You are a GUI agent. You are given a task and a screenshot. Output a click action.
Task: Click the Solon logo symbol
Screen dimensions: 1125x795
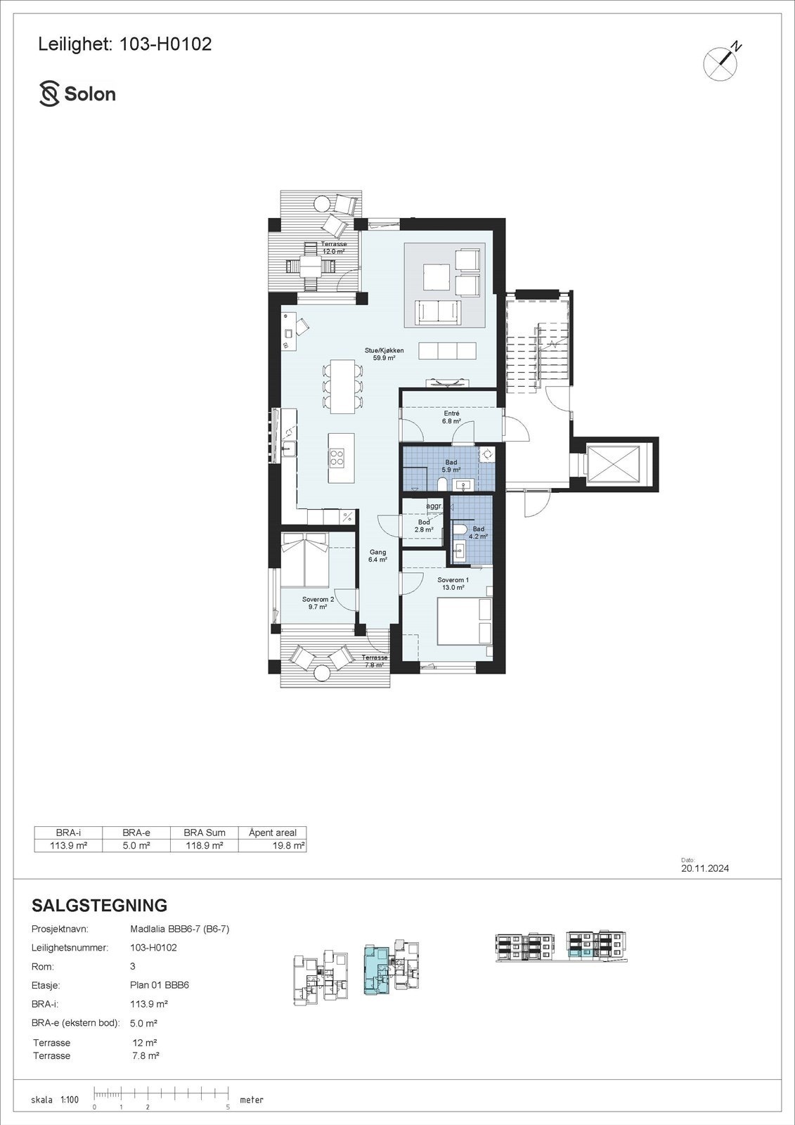tap(49, 94)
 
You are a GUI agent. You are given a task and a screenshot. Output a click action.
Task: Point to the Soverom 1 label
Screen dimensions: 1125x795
tap(453, 584)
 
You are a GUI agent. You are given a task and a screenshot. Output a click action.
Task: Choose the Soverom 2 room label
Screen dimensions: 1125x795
tap(318, 603)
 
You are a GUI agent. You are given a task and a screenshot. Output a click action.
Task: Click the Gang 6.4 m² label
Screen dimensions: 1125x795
tap(378, 556)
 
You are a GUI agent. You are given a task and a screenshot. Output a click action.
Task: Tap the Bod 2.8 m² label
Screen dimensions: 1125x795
tap(423, 526)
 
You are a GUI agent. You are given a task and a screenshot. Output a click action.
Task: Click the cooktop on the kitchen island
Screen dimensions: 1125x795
tap(337, 458)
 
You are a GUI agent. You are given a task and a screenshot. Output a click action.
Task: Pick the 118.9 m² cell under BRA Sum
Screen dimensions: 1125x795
tap(205, 846)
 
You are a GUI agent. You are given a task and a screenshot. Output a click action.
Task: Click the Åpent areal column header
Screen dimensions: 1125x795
tap(273, 832)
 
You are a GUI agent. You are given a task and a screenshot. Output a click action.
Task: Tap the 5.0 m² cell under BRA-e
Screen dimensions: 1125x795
tap(136, 846)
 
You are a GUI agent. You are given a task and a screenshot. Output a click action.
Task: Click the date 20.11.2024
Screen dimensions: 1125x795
tap(705, 868)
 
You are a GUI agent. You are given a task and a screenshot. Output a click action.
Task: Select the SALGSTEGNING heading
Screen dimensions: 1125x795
tap(100, 906)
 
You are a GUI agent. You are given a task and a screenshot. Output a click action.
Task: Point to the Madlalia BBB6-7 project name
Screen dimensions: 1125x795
tap(180, 929)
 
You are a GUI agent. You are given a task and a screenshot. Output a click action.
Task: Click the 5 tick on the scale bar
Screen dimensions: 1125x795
tap(228, 1107)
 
